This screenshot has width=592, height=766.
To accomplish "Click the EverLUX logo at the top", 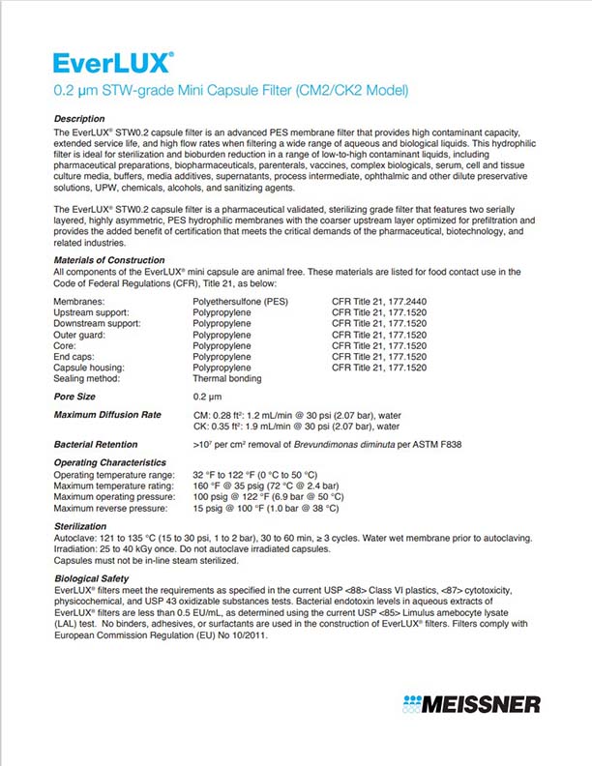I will click(x=114, y=63).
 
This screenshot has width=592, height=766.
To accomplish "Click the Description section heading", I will click(x=79, y=118).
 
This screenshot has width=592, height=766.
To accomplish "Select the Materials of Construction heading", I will click(x=109, y=260).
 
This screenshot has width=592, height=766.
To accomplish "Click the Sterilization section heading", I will click(x=81, y=526).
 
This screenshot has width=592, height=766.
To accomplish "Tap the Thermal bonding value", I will click(x=228, y=379).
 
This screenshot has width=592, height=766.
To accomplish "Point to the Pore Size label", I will click(x=74, y=398).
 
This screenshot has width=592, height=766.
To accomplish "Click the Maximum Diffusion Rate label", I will click(x=107, y=416).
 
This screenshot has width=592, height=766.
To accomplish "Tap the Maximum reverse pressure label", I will click(x=111, y=508).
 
